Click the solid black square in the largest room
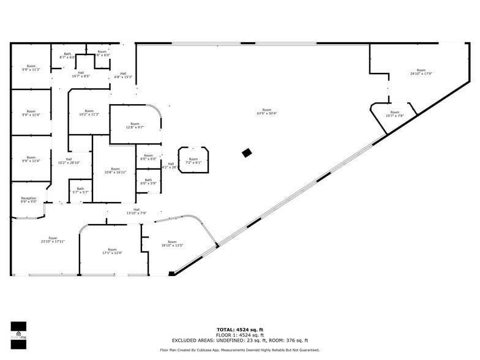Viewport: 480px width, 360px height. pyautogui.click(x=247, y=153)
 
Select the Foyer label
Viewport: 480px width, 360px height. pyautogui.click(x=53, y=239)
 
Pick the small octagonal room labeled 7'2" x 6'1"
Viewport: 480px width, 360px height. pyautogui.click(x=193, y=160)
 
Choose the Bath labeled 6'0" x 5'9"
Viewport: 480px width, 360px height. pyautogui.click(x=148, y=182)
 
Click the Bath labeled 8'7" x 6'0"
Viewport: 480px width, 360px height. pyautogui.click(x=67, y=56)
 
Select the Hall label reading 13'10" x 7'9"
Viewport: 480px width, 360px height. pyautogui.click(x=137, y=211)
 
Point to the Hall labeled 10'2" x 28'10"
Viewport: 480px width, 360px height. pyautogui.click(x=69, y=161)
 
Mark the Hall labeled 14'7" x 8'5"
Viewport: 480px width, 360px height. pyautogui.click(x=81, y=75)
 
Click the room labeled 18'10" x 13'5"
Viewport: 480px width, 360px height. pyautogui.click(x=172, y=244)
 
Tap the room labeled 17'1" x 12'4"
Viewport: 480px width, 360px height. pyautogui.click(x=112, y=251)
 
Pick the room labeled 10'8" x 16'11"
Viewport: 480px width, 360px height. pyautogui.click(x=115, y=171)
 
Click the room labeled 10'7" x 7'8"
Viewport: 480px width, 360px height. pyautogui.click(x=395, y=114)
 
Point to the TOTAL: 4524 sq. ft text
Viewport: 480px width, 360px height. pyautogui.click(x=240, y=330)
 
